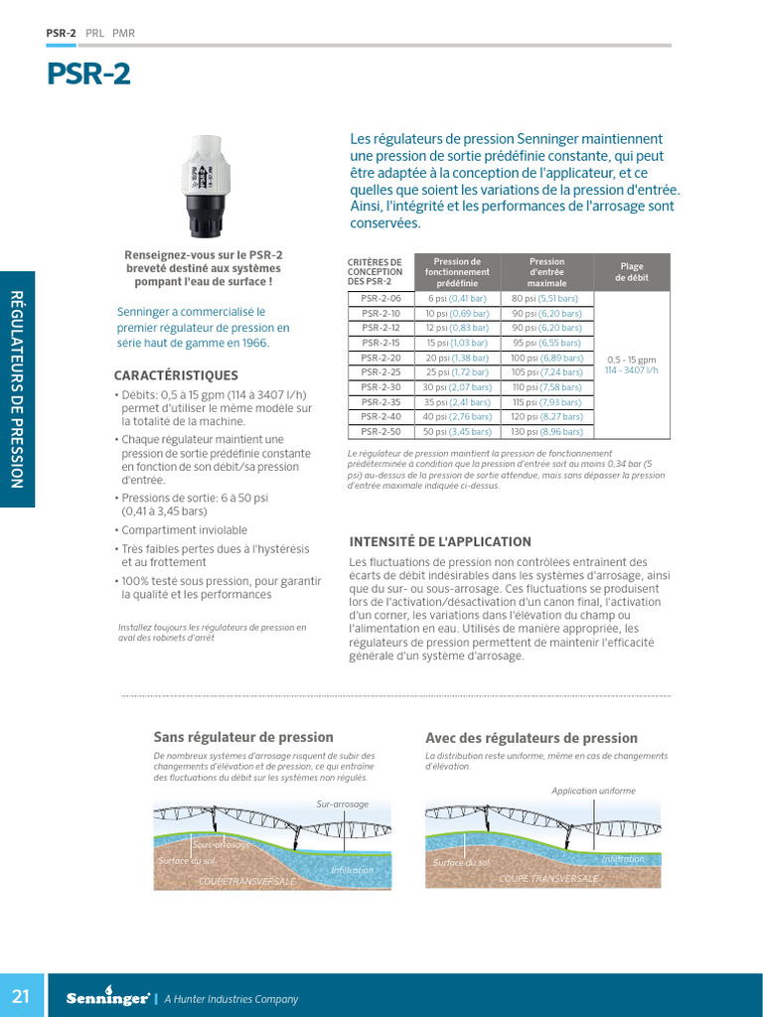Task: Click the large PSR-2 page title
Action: [88, 75]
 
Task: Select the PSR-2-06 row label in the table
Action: [381, 298]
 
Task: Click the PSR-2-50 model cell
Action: [381, 432]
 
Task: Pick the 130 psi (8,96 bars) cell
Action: [545, 432]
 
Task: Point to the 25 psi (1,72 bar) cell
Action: [457, 372]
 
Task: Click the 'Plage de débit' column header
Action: [632, 272]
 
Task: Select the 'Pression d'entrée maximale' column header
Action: [545, 272]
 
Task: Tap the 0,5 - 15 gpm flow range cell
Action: [632, 364]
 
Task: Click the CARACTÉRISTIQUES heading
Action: [176, 375]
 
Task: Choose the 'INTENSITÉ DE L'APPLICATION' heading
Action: [440, 542]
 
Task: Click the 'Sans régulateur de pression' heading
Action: [243, 737]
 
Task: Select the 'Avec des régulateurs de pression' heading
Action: [532, 738]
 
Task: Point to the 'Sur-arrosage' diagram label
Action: [343, 803]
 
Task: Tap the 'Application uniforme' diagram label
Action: [593, 791]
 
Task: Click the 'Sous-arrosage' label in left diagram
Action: [221, 844]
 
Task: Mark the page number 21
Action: [22, 996]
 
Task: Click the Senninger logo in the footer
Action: [107, 998]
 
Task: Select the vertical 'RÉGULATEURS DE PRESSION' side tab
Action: [17, 388]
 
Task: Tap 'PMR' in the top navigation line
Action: [124, 33]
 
